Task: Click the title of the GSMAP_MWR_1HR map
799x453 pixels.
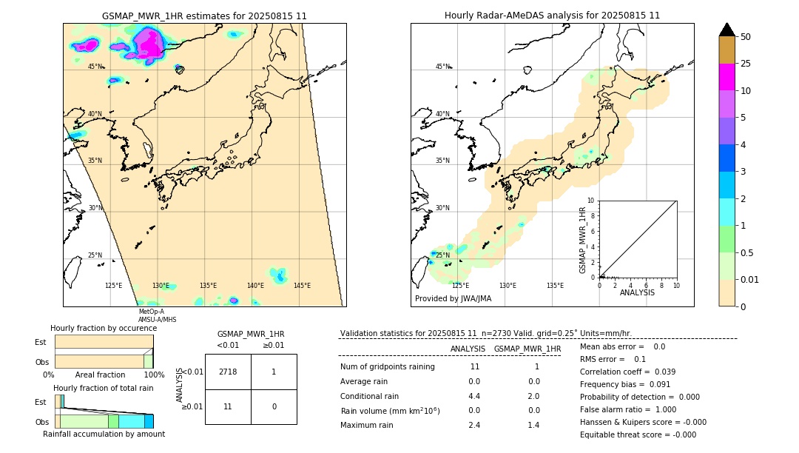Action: pos(204,16)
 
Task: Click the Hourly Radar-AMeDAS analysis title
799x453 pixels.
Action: pos(552,16)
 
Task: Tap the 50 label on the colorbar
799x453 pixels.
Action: pos(746,37)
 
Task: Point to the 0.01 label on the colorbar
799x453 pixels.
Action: pos(750,279)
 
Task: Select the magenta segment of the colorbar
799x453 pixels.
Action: pos(726,78)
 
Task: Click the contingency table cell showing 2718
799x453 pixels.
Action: pos(228,372)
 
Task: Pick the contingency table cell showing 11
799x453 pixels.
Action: pos(228,406)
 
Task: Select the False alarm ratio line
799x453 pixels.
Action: pos(628,409)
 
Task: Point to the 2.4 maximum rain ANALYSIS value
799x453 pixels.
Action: pos(474,425)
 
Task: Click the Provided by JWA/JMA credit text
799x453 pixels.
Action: pos(453,299)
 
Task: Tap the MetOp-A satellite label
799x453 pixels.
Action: pos(151,312)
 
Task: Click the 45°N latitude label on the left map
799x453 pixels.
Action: pos(95,67)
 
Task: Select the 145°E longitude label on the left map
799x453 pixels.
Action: pos(302,286)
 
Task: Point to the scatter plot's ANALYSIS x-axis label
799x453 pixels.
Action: pos(638,292)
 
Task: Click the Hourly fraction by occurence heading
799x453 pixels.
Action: pos(104,328)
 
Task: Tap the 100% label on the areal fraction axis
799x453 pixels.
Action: pos(154,375)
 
